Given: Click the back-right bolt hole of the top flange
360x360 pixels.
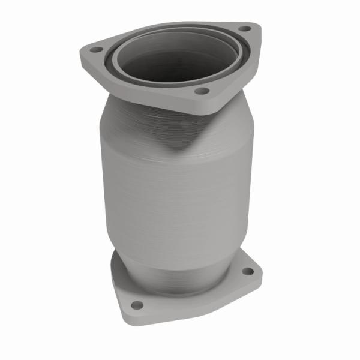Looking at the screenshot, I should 244,28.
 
